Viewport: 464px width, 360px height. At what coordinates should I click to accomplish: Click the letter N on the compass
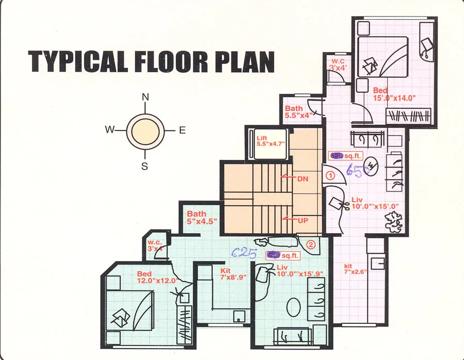click(x=145, y=97)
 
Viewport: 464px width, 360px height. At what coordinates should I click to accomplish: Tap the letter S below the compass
click(x=145, y=166)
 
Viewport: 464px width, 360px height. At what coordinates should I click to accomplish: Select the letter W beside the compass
click(x=109, y=130)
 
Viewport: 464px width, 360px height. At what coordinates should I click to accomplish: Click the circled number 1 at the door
click(x=330, y=175)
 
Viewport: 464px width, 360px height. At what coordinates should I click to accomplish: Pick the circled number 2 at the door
click(x=310, y=244)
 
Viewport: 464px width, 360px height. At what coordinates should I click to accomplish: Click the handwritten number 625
click(x=244, y=252)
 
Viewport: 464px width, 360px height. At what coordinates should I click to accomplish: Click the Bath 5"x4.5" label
click(x=202, y=217)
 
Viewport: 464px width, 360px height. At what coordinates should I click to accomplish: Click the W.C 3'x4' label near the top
click(x=339, y=64)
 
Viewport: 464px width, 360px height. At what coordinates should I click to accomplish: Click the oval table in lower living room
click(x=295, y=307)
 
